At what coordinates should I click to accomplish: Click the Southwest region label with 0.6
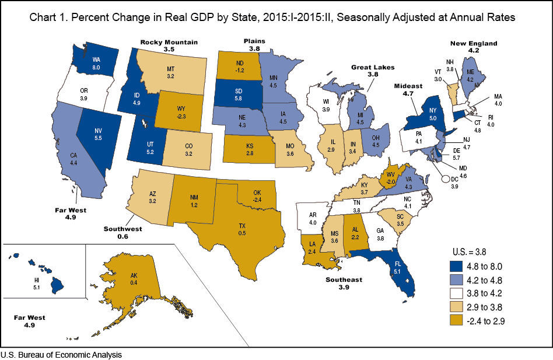pyautogui.click(x=123, y=232)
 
